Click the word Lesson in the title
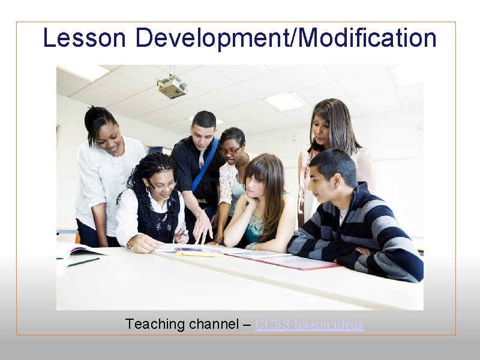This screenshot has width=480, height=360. click(84, 38)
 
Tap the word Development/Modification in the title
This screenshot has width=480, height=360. click(286, 38)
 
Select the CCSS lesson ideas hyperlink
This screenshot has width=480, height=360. click(309, 325)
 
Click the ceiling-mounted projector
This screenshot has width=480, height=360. click(172, 88)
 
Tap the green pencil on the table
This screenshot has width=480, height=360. click(83, 262)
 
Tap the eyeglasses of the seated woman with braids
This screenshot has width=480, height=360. click(163, 186)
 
